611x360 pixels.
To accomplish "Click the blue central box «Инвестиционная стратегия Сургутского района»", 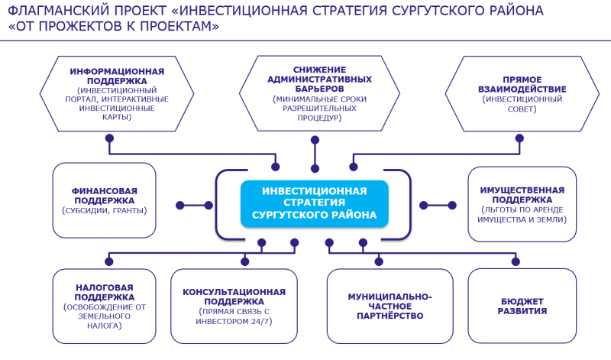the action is click(315, 203).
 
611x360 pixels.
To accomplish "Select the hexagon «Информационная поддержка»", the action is click(117, 93).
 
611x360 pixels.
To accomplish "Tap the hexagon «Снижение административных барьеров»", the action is click(319, 93).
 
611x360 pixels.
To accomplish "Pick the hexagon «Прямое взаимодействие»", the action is click(522, 93).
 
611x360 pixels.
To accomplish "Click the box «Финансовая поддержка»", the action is click(105, 200).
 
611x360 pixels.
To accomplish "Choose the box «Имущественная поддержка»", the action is click(522, 204).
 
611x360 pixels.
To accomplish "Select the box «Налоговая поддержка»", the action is click(105, 306).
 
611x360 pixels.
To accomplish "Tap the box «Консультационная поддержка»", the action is click(234, 306).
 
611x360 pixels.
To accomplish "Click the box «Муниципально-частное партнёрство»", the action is click(390, 306).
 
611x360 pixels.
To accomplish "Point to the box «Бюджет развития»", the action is click(522, 306).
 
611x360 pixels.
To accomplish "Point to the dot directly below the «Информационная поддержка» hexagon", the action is click(109, 138).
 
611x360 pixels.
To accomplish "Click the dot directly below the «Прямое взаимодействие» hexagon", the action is click(519, 138).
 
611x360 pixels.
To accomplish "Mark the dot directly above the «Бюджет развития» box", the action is click(516, 261).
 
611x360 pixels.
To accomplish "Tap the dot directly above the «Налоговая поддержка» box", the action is click(109, 261).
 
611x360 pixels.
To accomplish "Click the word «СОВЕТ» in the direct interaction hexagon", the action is click(522, 109).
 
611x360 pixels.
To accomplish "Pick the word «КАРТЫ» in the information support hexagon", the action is click(117, 117).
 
